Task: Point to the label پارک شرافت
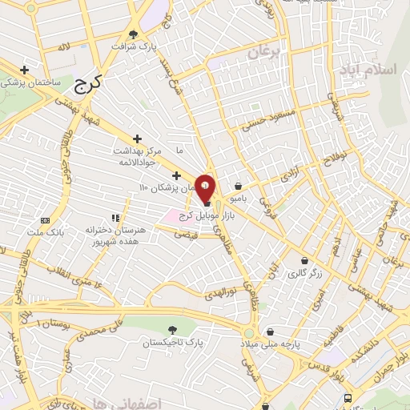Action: (147, 47)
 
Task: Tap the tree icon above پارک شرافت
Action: (133, 34)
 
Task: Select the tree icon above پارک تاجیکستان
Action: (172, 330)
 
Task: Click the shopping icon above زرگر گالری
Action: (304, 260)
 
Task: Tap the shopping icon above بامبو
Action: (239, 186)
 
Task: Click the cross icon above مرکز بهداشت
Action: (138, 139)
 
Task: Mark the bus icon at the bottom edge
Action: (348, 398)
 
